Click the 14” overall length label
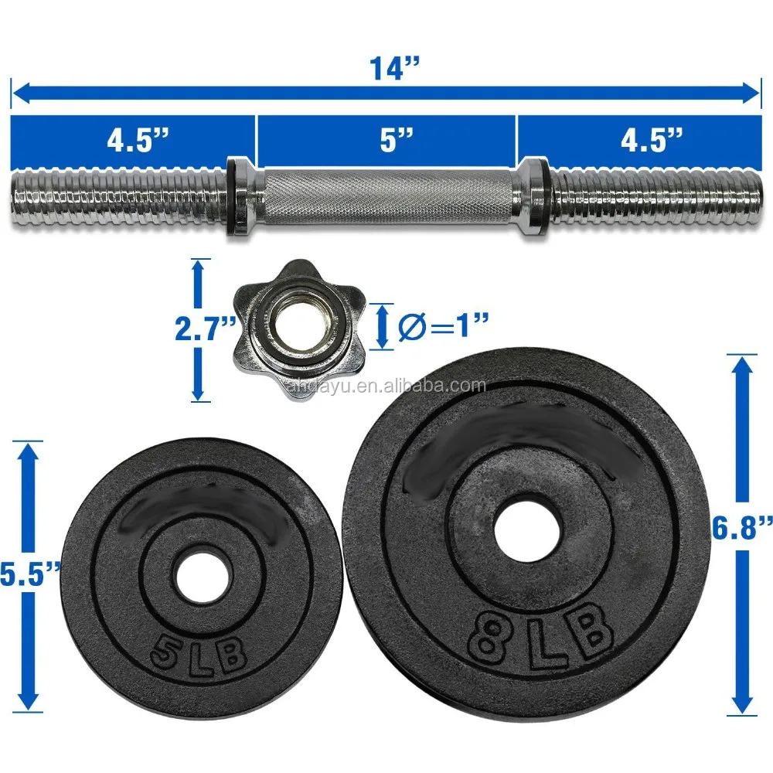[x=394, y=68]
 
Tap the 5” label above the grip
[x=396, y=139]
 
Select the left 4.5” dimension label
[x=138, y=139]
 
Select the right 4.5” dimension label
[x=651, y=139]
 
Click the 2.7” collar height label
[x=206, y=329]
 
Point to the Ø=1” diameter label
[x=443, y=326]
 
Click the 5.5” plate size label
[x=29, y=574]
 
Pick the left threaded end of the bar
[x=119, y=197]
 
